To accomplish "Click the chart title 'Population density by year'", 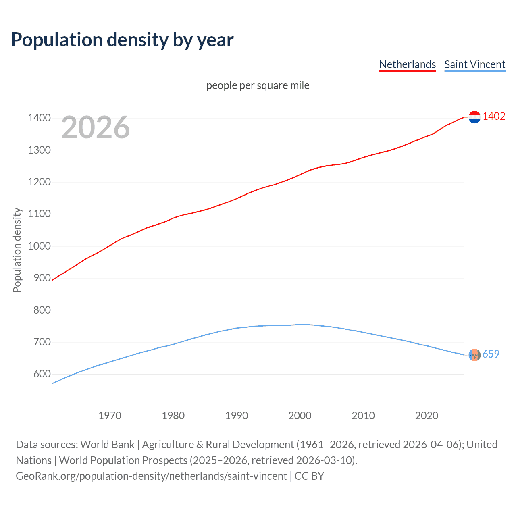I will [x=122, y=40].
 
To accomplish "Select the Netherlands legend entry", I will [x=407, y=64].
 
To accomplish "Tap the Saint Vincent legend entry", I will [x=474, y=64].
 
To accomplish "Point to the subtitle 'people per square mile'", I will [x=258, y=85].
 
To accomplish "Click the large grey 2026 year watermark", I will [x=96, y=127].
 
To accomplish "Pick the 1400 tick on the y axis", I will [x=39, y=118].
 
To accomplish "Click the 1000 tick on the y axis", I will [x=39, y=246].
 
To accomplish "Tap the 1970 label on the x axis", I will [x=110, y=416].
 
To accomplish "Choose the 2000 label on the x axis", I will [x=300, y=416].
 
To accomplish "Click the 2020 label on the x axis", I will [x=427, y=416].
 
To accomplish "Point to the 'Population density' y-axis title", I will [x=17, y=250].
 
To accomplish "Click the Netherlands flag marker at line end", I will [x=474, y=117].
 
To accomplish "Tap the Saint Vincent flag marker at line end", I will [x=474, y=355].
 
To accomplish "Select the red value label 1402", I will [x=494, y=116].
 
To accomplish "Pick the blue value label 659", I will [x=491, y=354].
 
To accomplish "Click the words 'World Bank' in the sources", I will [x=107, y=444].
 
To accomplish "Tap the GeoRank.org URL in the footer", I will [x=151, y=476].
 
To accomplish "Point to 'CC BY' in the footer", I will [x=309, y=476].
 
